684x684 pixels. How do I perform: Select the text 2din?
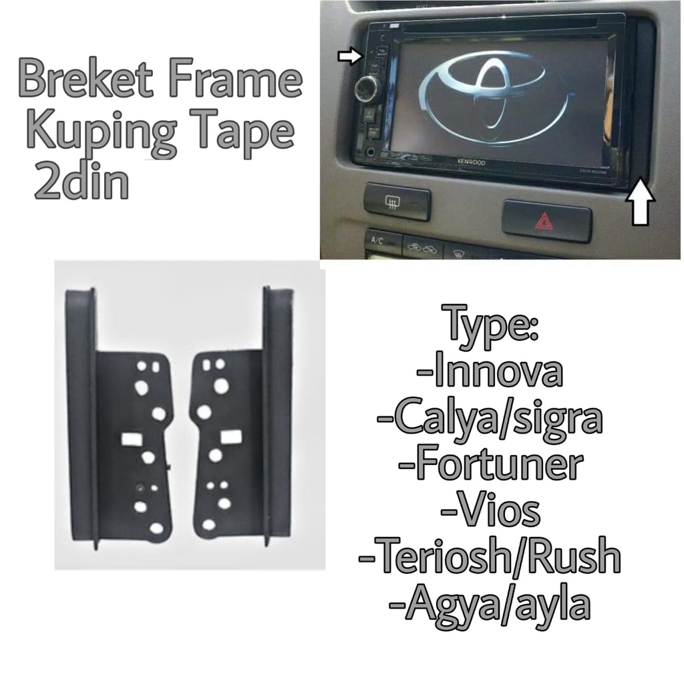tap(80, 182)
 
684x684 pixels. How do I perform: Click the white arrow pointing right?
tap(349, 57)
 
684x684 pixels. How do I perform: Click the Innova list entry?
tap(489, 374)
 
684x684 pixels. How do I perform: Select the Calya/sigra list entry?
tap(489, 419)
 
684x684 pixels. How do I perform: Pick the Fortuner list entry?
tap(489, 466)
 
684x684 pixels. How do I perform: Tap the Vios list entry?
tap(489, 511)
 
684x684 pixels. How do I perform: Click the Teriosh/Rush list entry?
tap(489, 557)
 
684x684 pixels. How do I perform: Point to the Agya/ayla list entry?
tap(489, 605)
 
